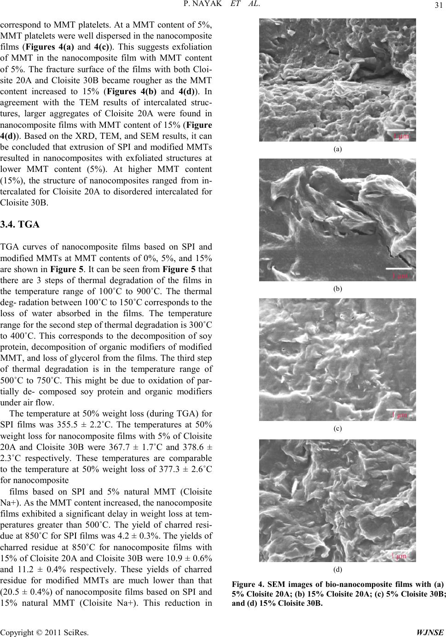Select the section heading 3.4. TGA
(21, 225)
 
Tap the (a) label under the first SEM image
(337, 149)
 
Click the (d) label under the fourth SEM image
(337, 569)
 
